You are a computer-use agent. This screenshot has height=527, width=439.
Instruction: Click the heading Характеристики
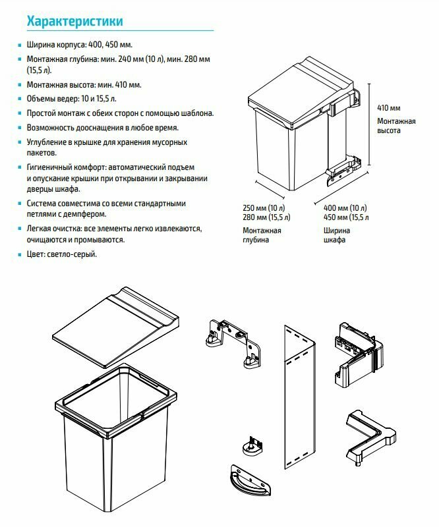tap(74, 22)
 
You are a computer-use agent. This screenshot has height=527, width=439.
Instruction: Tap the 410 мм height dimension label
tap(388, 107)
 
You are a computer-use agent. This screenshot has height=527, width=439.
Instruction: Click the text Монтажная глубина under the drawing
tap(262, 235)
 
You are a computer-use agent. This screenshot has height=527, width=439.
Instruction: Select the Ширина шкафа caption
tap(337, 235)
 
